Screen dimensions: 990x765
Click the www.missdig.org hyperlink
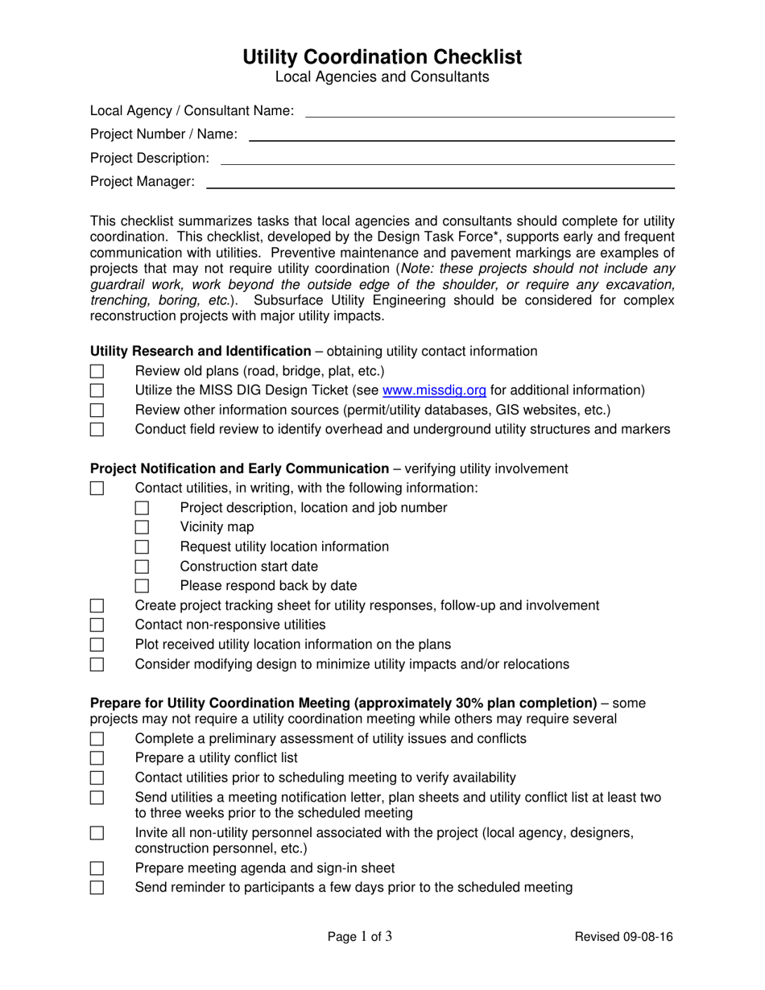pos(434,390)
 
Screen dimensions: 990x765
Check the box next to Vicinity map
pos(142,527)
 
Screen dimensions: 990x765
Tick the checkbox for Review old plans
pos(97,371)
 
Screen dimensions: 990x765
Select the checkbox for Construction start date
pos(142,567)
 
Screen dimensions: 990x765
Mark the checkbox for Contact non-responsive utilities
pos(97,625)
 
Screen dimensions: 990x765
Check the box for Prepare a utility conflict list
pos(97,758)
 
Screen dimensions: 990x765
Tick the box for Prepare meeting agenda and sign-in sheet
pos(97,868)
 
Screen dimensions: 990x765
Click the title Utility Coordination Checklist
pos(382,57)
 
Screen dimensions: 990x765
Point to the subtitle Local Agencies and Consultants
pos(382,77)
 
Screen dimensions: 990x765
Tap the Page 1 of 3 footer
pos(360,936)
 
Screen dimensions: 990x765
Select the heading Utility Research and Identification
pos(201,351)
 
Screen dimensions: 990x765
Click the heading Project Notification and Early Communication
pos(239,468)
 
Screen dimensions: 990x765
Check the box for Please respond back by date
pos(142,586)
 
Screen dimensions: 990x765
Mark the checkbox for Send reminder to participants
pos(97,888)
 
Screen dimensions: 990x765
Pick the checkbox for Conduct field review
pos(97,430)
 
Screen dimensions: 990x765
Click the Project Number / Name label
pos(163,134)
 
